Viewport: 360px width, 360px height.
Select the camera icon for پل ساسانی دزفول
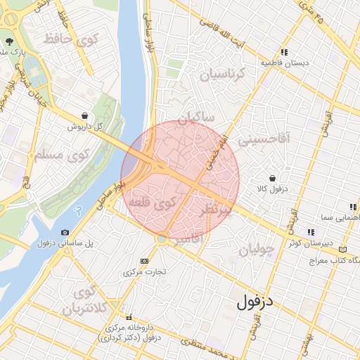tap(65, 232)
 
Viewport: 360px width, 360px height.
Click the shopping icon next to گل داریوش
tap(85, 116)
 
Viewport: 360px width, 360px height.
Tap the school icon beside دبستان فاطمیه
tap(283, 52)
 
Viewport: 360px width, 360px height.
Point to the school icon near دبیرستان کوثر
tap(309, 232)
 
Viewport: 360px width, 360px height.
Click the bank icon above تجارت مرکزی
tap(145, 261)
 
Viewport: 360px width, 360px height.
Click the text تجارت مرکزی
tap(143, 271)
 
